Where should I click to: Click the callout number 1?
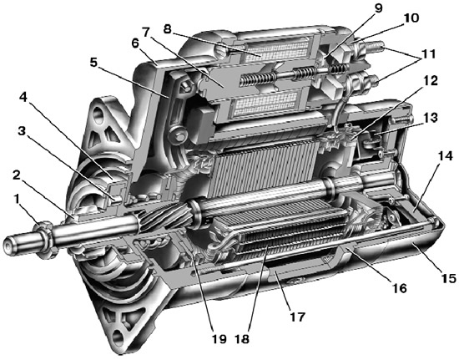pyautogui.click(x=17, y=200)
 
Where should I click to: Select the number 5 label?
pyautogui.click(x=93, y=62)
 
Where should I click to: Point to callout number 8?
pyautogui.click(x=167, y=29)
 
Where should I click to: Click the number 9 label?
pyautogui.click(x=378, y=8)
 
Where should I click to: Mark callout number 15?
pyautogui.click(x=447, y=278)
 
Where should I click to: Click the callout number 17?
pyautogui.click(x=297, y=317)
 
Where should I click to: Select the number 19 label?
pyautogui.click(x=219, y=339)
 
